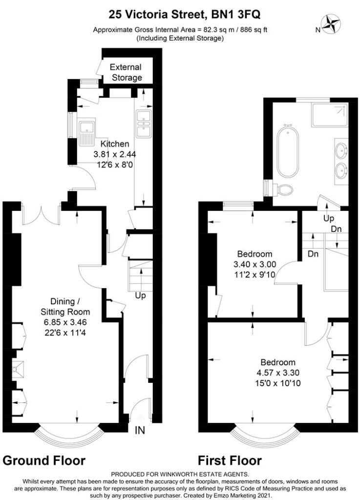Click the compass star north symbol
[x=332, y=24]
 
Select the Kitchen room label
[x=115, y=144]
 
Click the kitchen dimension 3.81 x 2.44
[x=114, y=154]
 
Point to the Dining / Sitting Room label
[x=65, y=307]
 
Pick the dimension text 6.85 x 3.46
[x=65, y=322]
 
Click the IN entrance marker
[x=140, y=430]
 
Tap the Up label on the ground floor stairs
[x=140, y=296]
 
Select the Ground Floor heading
[x=44, y=460]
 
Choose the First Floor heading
[x=230, y=460]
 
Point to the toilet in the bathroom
[x=283, y=190]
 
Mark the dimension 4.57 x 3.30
[x=278, y=373]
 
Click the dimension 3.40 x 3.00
[x=255, y=264]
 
